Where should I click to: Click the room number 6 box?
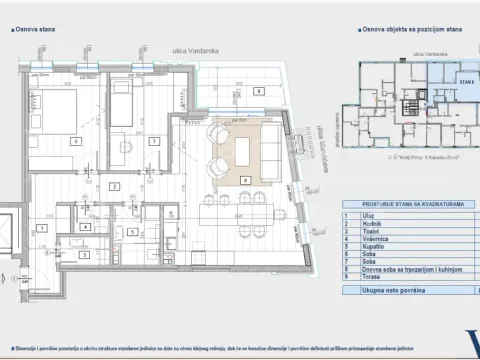click(x=75, y=141)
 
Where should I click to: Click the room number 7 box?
click(x=154, y=141)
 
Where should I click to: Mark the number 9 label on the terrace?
click(x=258, y=91)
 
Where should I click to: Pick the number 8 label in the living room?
click(x=247, y=180)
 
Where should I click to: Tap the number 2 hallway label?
click(x=115, y=186)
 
